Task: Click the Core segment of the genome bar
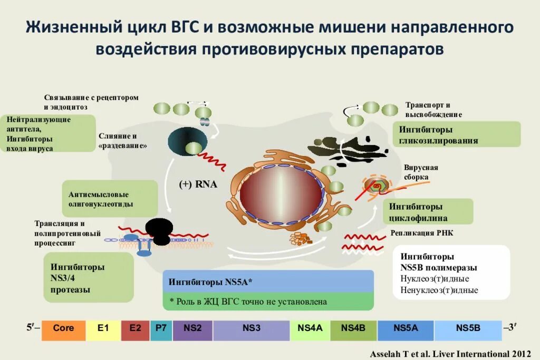63,328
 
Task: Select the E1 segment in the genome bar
103,328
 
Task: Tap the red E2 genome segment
136,328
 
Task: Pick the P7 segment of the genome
161,328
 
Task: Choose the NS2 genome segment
192,328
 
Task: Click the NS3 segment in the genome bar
252,328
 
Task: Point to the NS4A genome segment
310,328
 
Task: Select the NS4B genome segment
353,328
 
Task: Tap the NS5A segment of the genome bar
406,328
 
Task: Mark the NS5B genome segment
468,328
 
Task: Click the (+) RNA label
198,184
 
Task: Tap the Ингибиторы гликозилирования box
457,135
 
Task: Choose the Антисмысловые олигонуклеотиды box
110,198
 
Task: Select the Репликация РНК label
421,232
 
